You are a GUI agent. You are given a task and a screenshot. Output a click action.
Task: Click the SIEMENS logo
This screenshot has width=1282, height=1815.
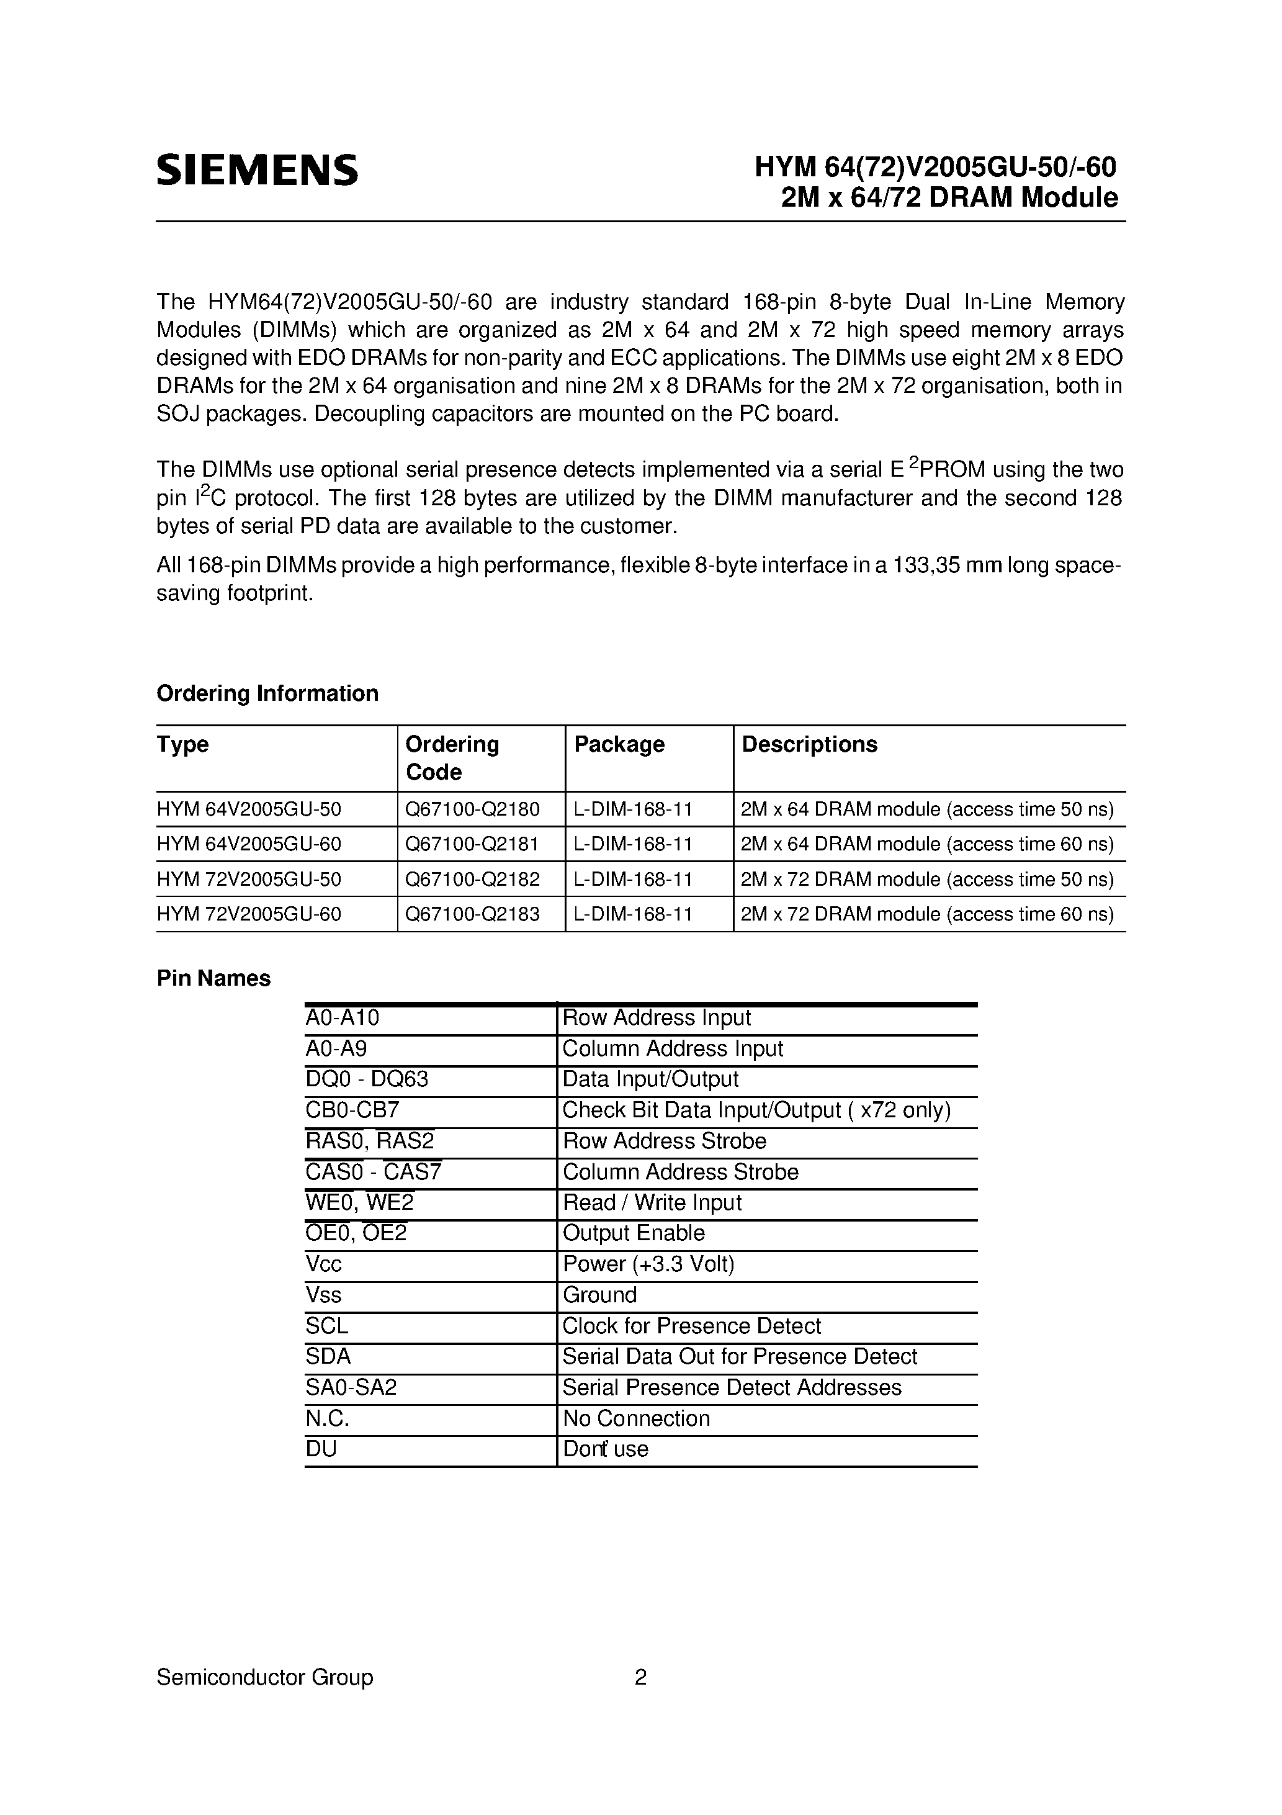[x=257, y=170]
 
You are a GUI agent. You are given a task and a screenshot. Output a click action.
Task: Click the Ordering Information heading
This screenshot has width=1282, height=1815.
[x=267, y=693]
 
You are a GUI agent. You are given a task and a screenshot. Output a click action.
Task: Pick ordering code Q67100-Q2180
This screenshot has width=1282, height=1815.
[x=472, y=809]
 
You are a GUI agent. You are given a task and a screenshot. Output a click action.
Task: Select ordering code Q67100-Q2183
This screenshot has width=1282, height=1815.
[x=472, y=914]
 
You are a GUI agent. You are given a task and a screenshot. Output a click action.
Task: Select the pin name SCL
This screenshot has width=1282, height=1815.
[x=326, y=1326]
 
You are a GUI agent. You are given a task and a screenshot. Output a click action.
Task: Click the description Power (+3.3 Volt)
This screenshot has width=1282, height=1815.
[x=648, y=1264]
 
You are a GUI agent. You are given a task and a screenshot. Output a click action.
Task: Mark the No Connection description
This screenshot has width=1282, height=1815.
[x=635, y=1418]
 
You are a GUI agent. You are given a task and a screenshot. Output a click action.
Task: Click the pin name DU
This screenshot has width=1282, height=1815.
[x=321, y=1449]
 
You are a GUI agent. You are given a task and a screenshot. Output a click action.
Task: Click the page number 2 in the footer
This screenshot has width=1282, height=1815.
[x=640, y=1677]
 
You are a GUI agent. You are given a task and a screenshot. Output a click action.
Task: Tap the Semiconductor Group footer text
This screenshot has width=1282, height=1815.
[x=265, y=1677]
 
